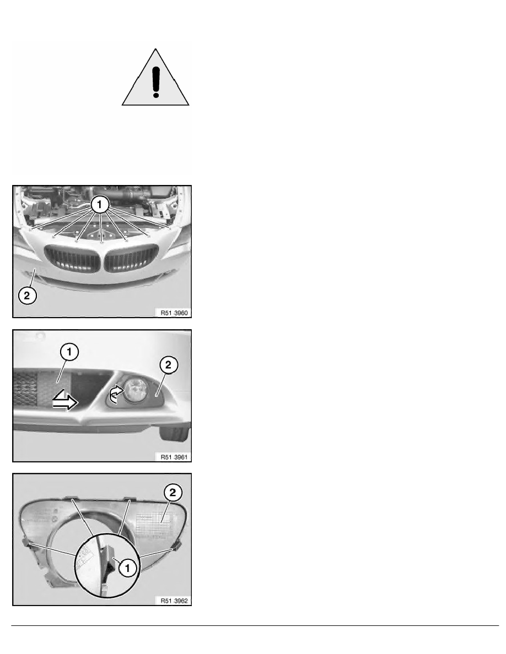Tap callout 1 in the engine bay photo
pos(100,205)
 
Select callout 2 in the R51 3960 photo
pos(27,296)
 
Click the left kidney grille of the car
pos(72,259)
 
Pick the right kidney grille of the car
pos(131,259)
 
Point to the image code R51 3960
pos(174,313)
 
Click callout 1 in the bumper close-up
pos(69,352)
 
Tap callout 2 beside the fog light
pos(168,365)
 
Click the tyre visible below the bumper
pos(174,434)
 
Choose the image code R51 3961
pos(174,457)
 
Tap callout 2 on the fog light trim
pos(173,493)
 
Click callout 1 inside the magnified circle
pos(128,568)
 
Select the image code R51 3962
pos(174,601)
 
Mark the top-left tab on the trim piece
pos(72,498)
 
